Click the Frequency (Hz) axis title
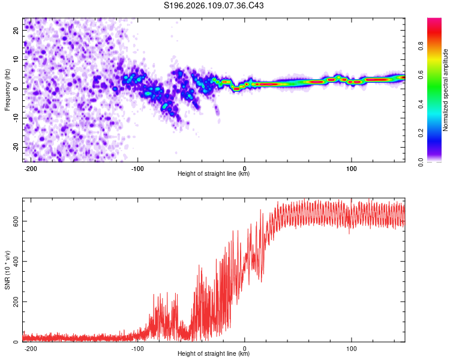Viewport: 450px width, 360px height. pyautogui.click(x=8, y=89)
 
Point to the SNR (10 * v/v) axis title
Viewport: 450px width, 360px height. pyautogui.click(x=8, y=269)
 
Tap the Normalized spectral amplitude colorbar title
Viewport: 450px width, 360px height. pyautogui.click(x=446, y=90)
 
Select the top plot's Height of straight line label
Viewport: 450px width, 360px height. pyautogui.click(x=214, y=174)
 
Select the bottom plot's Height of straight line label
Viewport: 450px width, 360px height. pyautogui.click(x=214, y=354)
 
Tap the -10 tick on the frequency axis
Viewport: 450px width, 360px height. pyautogui.click(x=15, y=118)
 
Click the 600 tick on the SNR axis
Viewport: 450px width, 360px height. pyautogui.click(x=14, y=221)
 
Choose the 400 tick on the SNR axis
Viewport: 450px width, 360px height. pyautogui.click(x=14, y=261)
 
